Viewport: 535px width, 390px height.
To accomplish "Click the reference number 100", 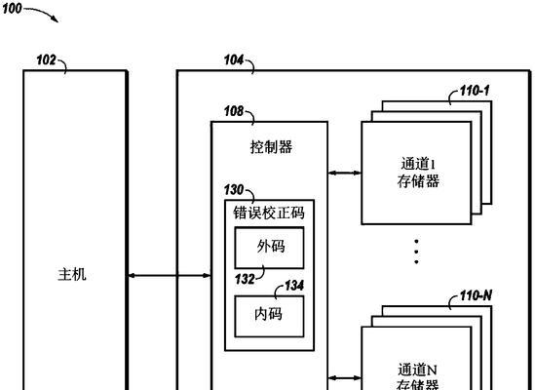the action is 12,9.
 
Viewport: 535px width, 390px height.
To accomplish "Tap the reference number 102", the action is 46,60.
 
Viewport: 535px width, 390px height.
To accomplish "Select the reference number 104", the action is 234,60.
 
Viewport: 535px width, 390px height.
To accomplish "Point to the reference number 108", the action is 234,111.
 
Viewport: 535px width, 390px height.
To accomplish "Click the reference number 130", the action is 234,190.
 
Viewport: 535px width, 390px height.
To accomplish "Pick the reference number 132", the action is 245,279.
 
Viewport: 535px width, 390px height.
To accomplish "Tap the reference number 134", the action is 294,286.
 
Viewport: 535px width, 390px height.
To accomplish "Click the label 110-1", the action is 475,91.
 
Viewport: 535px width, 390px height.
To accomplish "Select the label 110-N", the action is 476,295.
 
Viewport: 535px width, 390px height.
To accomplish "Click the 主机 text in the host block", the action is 72,275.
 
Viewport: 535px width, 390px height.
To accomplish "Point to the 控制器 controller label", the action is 271,147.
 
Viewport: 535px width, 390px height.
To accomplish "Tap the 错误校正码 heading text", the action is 269,213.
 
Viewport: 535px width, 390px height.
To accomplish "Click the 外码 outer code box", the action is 270,248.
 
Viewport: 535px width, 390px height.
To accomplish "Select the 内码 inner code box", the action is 270,317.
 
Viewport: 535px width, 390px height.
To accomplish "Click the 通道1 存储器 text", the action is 418,173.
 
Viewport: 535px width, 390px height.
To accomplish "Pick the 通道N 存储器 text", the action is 417,376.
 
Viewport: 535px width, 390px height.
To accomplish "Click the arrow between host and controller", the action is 169,275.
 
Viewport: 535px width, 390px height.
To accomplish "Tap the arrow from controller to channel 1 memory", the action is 345,174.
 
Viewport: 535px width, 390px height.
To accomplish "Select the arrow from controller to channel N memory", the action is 345,378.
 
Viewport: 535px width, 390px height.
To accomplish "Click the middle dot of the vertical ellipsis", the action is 416,252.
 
